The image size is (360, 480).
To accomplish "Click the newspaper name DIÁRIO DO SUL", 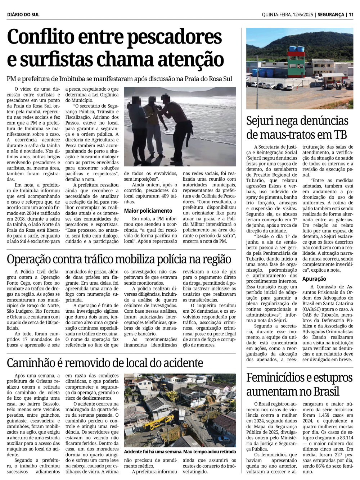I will [23, 15].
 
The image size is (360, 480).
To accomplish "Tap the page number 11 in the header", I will [351, 15].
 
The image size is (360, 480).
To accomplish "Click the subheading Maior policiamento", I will [148, 211].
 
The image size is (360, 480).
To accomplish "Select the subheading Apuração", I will [314, 279].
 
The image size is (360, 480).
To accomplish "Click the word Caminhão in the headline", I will [31, 363].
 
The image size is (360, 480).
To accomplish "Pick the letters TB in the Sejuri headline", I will [340, 135].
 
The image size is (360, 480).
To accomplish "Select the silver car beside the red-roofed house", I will [223, 439].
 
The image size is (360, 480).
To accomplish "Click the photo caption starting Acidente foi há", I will [180, 452].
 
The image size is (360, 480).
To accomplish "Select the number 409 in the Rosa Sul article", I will [163, 196].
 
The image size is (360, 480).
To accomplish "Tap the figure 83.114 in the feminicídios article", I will [346, 438].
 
